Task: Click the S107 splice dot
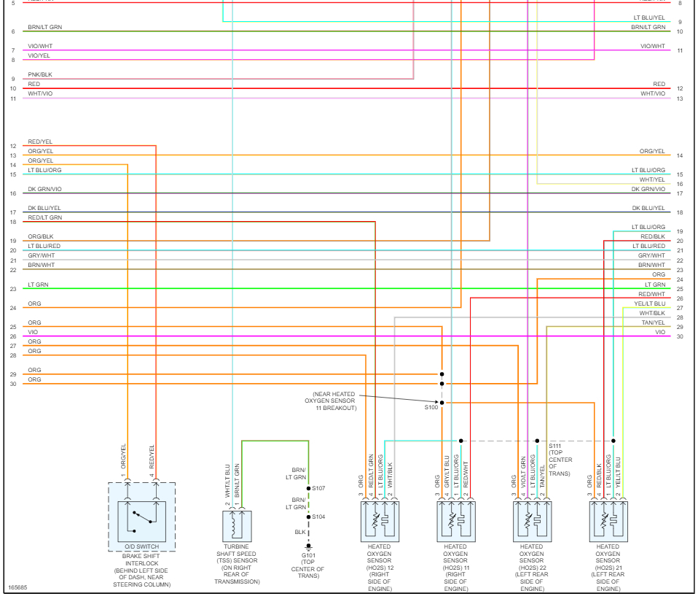pyautogui.click(x=308, y=488)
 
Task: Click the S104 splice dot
pyautogui.click(x=308, y=517)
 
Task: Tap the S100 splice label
pyautogui.click(x=431, y=408)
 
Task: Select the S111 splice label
pyautogui.click(x=556, y=445)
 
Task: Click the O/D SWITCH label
pyautogui.click(x=141, y=546)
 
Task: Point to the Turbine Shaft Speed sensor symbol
pyautogui.click(x=237, y=526)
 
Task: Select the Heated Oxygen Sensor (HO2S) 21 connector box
pyautogui.click(x=608, y=520)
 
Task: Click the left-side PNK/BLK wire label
pyautogui.click(x=40, y=74)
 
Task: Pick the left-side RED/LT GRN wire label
pyautogui.click(x=45, y=217)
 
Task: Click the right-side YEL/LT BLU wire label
pyautogui.click(x=649, y=303)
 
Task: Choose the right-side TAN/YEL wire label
pyautogui.click(x=653, y=322)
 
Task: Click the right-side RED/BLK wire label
pyautogui.click(x=652, y=236)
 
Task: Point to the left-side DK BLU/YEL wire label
pyautogui.click(x=44, y=208)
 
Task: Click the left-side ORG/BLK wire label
pyautogui.click(x=41, y=236)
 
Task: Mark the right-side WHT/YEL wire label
pyautogui.click(x=652, y=179)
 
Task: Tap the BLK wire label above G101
pyautogui.click(x=300, y=532)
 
